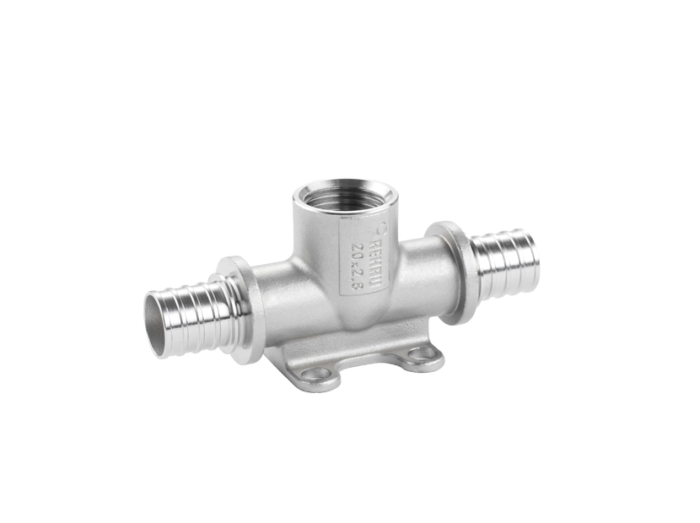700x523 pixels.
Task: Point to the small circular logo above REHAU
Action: [380, 225]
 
